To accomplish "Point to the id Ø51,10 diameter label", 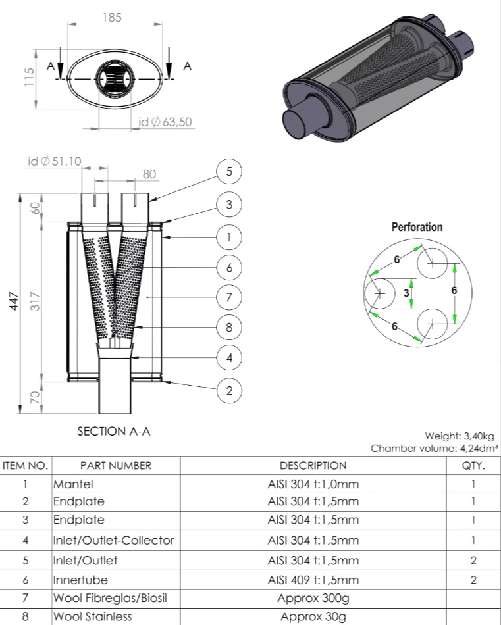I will point(55,161).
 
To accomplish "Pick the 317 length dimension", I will point(38,302).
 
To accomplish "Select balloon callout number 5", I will point(229,172).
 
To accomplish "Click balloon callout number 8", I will point(229,327).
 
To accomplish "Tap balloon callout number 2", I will point(229,390).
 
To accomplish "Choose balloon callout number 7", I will point(229,297).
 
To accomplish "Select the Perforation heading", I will point(417,227).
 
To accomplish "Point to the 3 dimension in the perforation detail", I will point(406,292).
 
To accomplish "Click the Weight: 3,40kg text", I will point(459,436).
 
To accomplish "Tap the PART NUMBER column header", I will point(115,466).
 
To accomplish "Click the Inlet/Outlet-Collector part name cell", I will point(113,541).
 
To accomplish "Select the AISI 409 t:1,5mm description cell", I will point(313,580).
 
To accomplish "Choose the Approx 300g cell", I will point(313,599).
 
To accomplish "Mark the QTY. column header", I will point(473,466).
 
